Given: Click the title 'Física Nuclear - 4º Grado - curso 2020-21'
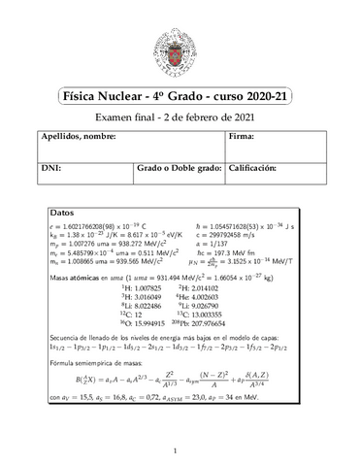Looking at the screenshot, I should tap(179, 98).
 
